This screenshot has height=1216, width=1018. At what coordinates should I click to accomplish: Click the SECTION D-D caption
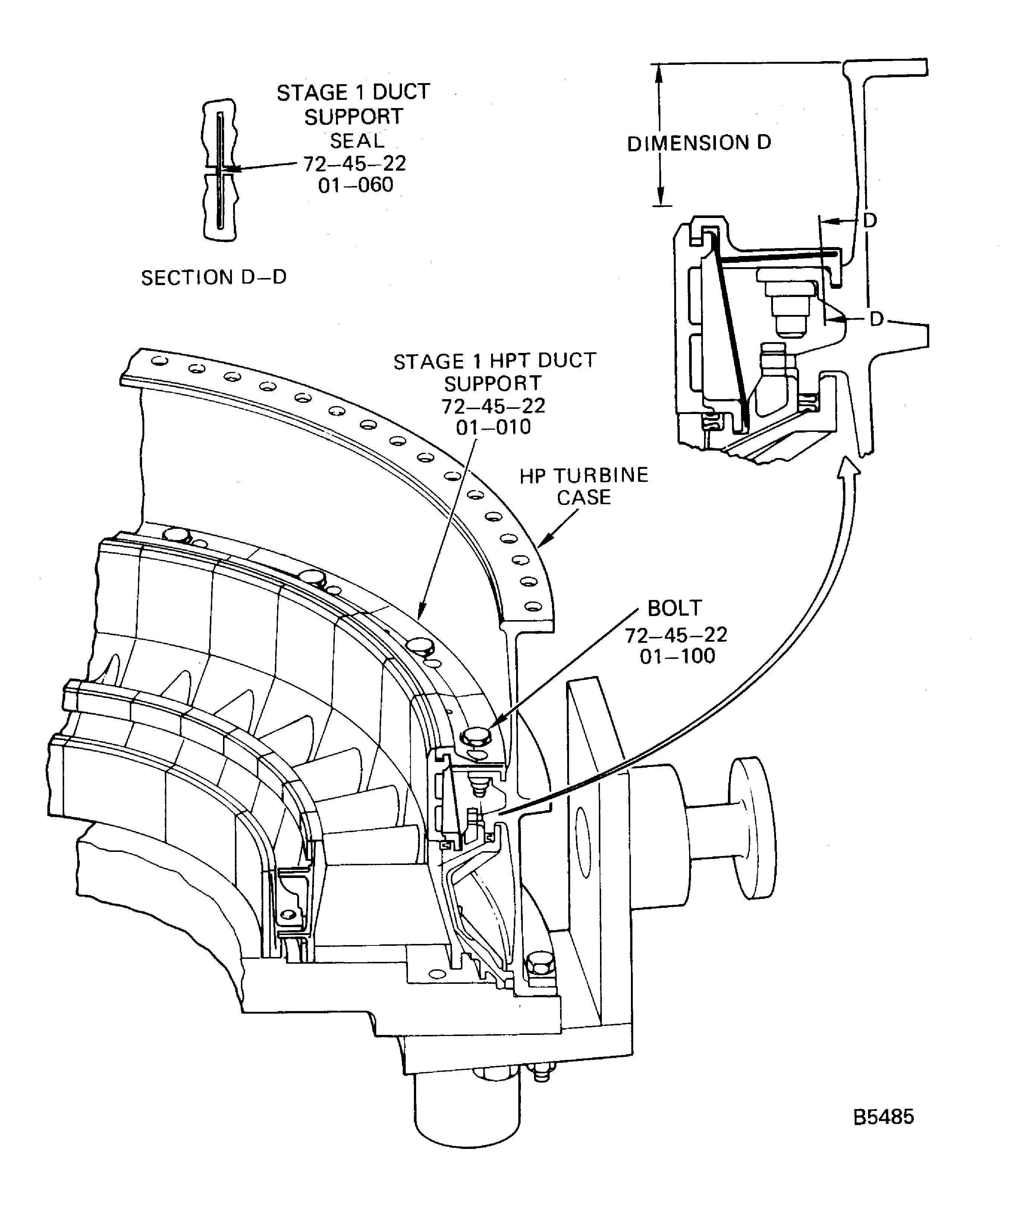(214, 278)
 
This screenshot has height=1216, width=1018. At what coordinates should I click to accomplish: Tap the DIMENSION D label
(699, 143)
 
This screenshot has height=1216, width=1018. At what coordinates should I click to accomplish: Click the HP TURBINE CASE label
(584, 486)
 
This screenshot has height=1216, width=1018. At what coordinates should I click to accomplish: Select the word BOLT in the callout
(675, 608)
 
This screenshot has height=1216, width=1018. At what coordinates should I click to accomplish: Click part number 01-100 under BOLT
(677, 656)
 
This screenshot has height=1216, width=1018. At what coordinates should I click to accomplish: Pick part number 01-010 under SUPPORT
(493, 427)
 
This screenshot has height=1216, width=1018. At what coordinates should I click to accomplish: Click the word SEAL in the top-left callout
(357, 141)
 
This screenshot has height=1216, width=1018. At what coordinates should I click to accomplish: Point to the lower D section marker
(877, 319)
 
